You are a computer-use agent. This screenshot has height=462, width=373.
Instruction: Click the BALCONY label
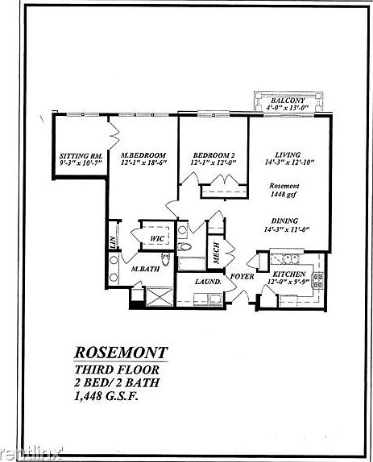[x=289, y=99]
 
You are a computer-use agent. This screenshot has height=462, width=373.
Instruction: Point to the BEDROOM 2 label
[x=213, y=155]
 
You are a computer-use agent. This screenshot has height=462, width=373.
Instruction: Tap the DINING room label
[x=286, y=220]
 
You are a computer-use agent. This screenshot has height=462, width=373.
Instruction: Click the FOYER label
[x=242, y=277]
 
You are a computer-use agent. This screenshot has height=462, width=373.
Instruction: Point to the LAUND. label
[x=209, y=283]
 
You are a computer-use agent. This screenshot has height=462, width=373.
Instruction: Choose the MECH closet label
[x=216, y=254]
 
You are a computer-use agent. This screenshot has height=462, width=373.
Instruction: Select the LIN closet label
[x=112, y=240]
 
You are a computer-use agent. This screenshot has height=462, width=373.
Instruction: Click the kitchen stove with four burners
[x=317, y=281]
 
